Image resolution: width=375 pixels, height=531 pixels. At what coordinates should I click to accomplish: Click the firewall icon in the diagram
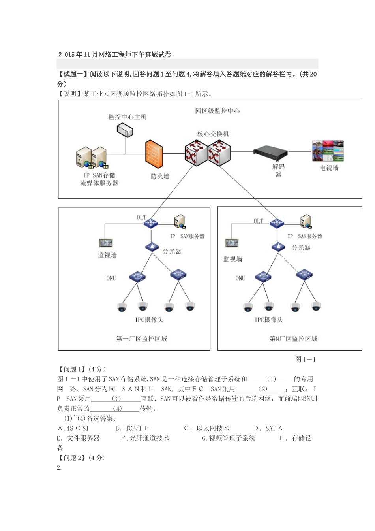point(154,154)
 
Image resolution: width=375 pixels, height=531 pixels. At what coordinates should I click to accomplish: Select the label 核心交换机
point(213,134)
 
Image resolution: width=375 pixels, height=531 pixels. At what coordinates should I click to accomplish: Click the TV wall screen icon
point(328,151)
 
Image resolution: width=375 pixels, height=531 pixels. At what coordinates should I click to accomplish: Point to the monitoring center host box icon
point(125,130)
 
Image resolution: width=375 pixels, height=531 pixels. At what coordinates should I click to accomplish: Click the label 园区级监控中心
point(217,111)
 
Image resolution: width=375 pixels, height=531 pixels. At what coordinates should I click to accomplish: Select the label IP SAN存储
point(99,175)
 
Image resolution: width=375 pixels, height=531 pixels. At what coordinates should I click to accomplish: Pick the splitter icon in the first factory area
point(152,247)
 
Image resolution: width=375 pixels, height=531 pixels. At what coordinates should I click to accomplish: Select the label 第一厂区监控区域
point(141,339)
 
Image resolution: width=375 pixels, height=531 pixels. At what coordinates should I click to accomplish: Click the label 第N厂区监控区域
point(293,339)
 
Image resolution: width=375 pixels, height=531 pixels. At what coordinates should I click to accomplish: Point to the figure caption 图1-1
point(305,360)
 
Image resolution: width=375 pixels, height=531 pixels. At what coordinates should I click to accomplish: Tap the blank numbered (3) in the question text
point(116,399)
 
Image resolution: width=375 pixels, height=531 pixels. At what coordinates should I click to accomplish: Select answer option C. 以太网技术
point(206,428)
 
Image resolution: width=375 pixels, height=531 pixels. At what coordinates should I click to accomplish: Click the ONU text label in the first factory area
point(111,278)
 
